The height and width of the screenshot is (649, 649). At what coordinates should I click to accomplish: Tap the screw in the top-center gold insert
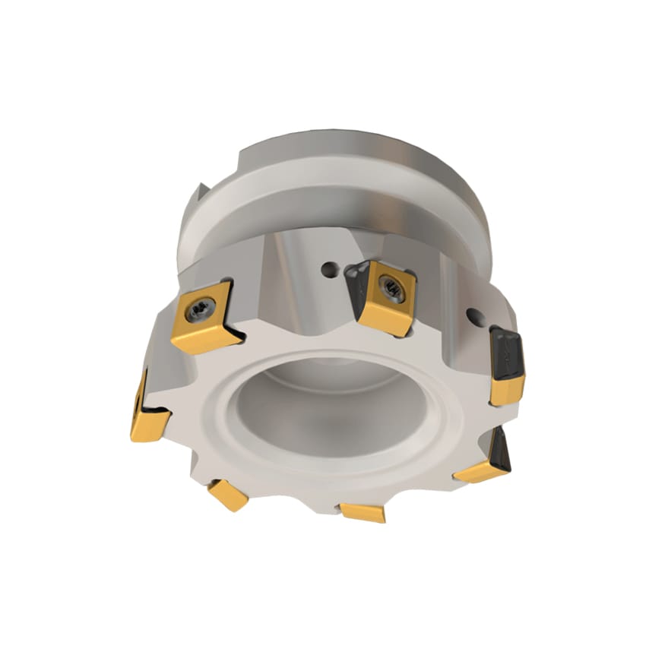click(x=391, y=289)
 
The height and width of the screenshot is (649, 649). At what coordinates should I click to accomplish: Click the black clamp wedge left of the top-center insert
click(x=354, y=281)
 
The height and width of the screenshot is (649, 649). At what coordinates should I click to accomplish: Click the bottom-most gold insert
click(x=363, y=511)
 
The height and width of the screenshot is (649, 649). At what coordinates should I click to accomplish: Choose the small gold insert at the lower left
click(x=228, y=494)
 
